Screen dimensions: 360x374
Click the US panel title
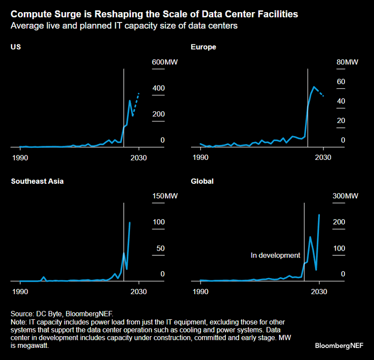click(16, 47)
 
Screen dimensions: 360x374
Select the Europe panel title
click(203, 47)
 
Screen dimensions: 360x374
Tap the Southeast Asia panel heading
click(37, 181)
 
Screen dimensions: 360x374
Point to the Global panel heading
click(202, 181)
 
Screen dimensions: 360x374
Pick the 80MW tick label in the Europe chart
click(347, 63)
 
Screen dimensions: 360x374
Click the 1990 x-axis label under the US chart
click(20, 158)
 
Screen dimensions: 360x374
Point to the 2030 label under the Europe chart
click(323, 158)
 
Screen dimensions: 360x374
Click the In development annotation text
click(275, 255)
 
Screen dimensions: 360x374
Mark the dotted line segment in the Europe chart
click(321, 93)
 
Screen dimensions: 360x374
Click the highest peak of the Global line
click(319, 215)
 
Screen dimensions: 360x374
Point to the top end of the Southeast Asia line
click(130, 223)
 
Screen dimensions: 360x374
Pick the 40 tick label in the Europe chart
click(341, 101)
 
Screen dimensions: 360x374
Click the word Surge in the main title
click(58, 14)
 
